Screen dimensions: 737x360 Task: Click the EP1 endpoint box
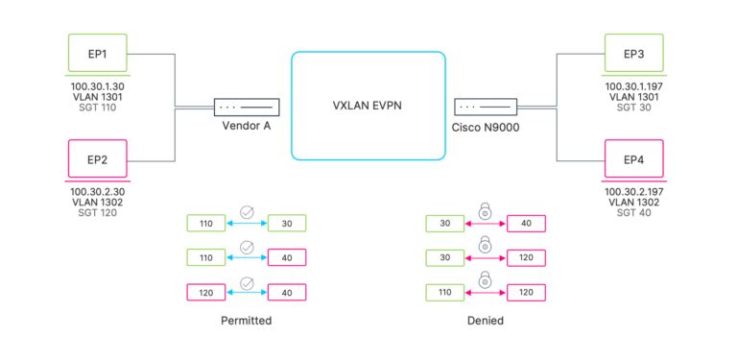[x=97, y=54]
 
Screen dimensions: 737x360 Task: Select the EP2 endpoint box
[x=97, y=159]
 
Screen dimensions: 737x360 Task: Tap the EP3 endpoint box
[x=634, y=54]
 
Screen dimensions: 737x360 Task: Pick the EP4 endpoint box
[x=634, y=159]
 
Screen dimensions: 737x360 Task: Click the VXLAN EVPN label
[x=368, y=106]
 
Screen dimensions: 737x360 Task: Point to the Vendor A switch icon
[x=247, y=107]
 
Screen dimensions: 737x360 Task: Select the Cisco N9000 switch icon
[x=486, y=107]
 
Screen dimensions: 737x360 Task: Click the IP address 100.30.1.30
[x=97, y=86]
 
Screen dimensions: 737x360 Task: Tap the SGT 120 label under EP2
[x=97, y=212]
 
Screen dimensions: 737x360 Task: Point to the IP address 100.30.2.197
[x=634, y=192]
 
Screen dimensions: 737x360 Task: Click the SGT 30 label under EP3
[x=634, y=107]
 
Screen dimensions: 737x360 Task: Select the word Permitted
[x=247, y=321]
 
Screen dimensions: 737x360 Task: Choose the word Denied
[x=486, y=321]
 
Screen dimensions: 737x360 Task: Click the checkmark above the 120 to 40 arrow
[x=247, y=283]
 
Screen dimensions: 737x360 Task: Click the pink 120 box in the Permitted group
[x=206, y=293]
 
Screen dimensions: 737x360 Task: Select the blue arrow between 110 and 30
[x=247, y=224]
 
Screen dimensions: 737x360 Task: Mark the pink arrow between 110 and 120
[x=486, y=293]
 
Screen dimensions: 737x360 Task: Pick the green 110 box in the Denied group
[x=445, y=293]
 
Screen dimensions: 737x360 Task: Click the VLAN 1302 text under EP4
[x=634, y=203]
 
